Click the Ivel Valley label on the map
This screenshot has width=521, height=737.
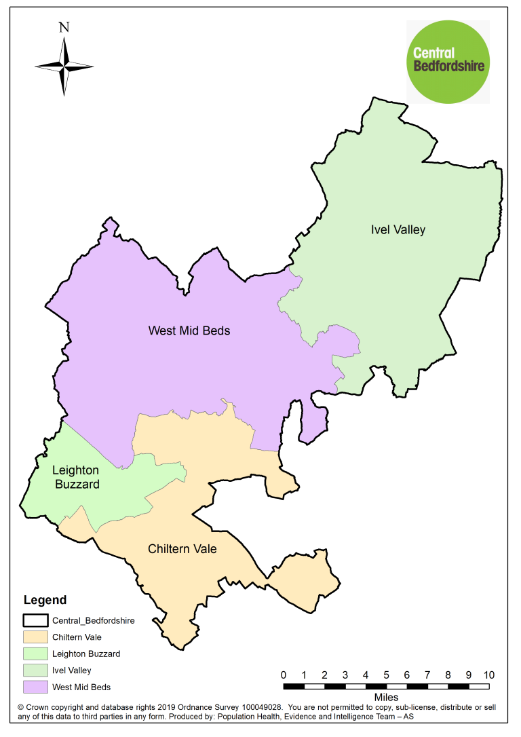(398, 229)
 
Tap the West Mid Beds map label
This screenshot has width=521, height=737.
(189, 331)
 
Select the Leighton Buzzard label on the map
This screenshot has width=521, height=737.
(76, 478)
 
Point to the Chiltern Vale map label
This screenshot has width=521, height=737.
(182, 548)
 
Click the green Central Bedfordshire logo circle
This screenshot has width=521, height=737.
(448, 60)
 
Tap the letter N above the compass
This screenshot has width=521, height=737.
(64, 28)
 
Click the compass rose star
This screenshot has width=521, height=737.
(64, 67)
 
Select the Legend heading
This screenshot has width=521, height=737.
(45, 600)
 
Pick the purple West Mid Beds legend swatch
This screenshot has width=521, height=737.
(35, 687)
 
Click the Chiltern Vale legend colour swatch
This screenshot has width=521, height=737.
(35, 637)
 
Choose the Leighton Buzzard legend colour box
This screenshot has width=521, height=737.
(35, 654)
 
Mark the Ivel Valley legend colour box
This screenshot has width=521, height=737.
(35, 670)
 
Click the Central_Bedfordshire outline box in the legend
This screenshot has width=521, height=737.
(35, 620)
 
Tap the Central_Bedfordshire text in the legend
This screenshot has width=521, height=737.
(93, 620)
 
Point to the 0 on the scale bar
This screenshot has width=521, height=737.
(283, 675)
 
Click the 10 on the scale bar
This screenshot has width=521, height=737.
(488, 675)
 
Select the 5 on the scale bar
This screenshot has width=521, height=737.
(386, 675)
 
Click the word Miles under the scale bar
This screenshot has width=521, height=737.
(386, 697)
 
